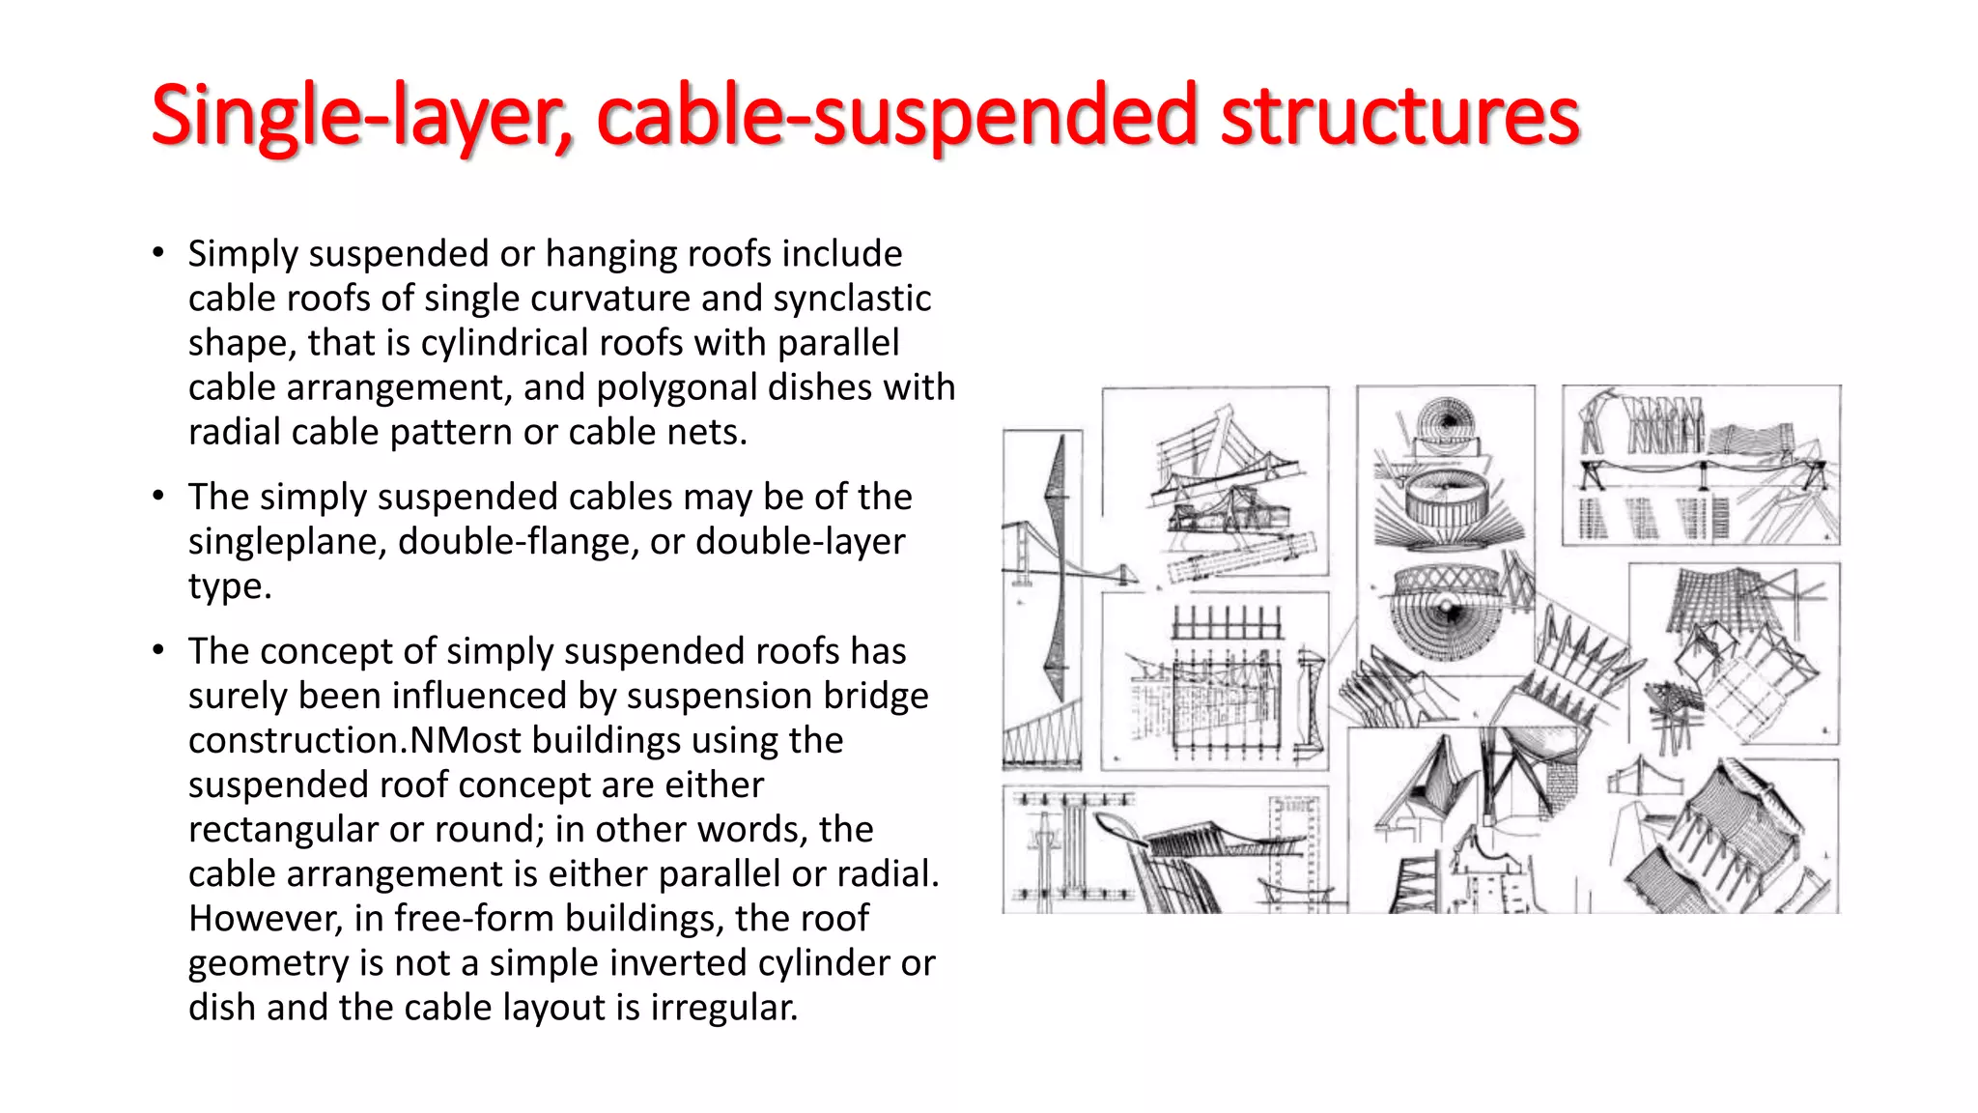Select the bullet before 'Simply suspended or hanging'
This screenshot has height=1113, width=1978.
[x=158, y=253]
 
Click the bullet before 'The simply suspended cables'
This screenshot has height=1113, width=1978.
[x=158, y=497]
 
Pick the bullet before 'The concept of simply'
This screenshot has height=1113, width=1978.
[x=158, y=650]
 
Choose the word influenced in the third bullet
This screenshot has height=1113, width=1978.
[x=479, y=696]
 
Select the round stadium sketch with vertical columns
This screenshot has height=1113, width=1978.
[x=1445, y=502]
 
